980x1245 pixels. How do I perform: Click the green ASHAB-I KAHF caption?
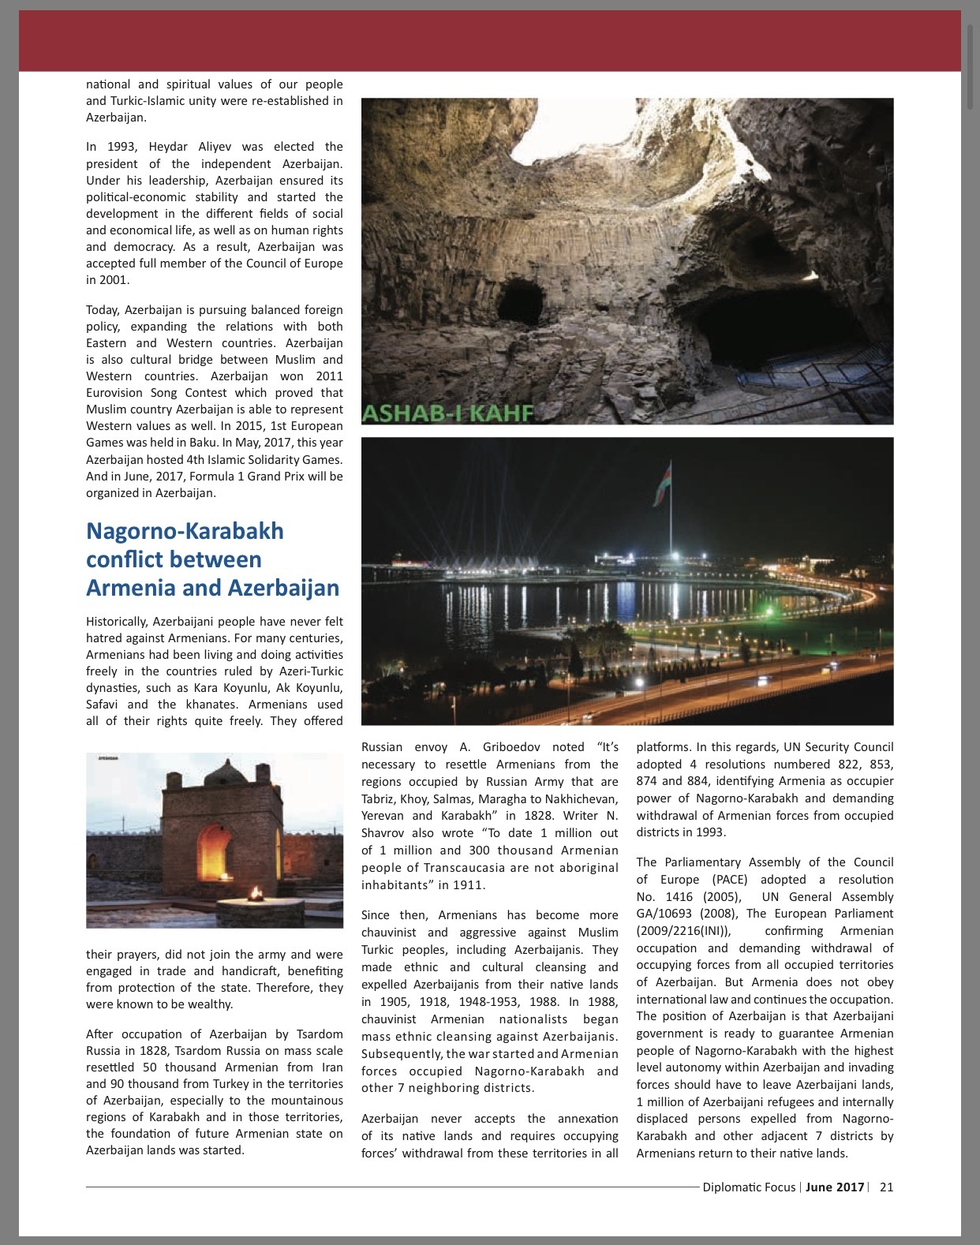448,413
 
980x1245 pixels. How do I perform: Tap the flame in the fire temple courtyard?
254,894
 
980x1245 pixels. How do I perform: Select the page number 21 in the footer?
886,1187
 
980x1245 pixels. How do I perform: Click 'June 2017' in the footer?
835,1187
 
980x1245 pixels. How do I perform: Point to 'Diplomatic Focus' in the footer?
749,1187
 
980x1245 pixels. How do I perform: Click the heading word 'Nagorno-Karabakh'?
185,531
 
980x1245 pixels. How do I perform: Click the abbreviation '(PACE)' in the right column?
737,879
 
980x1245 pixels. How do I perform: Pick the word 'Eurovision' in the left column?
116,393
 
